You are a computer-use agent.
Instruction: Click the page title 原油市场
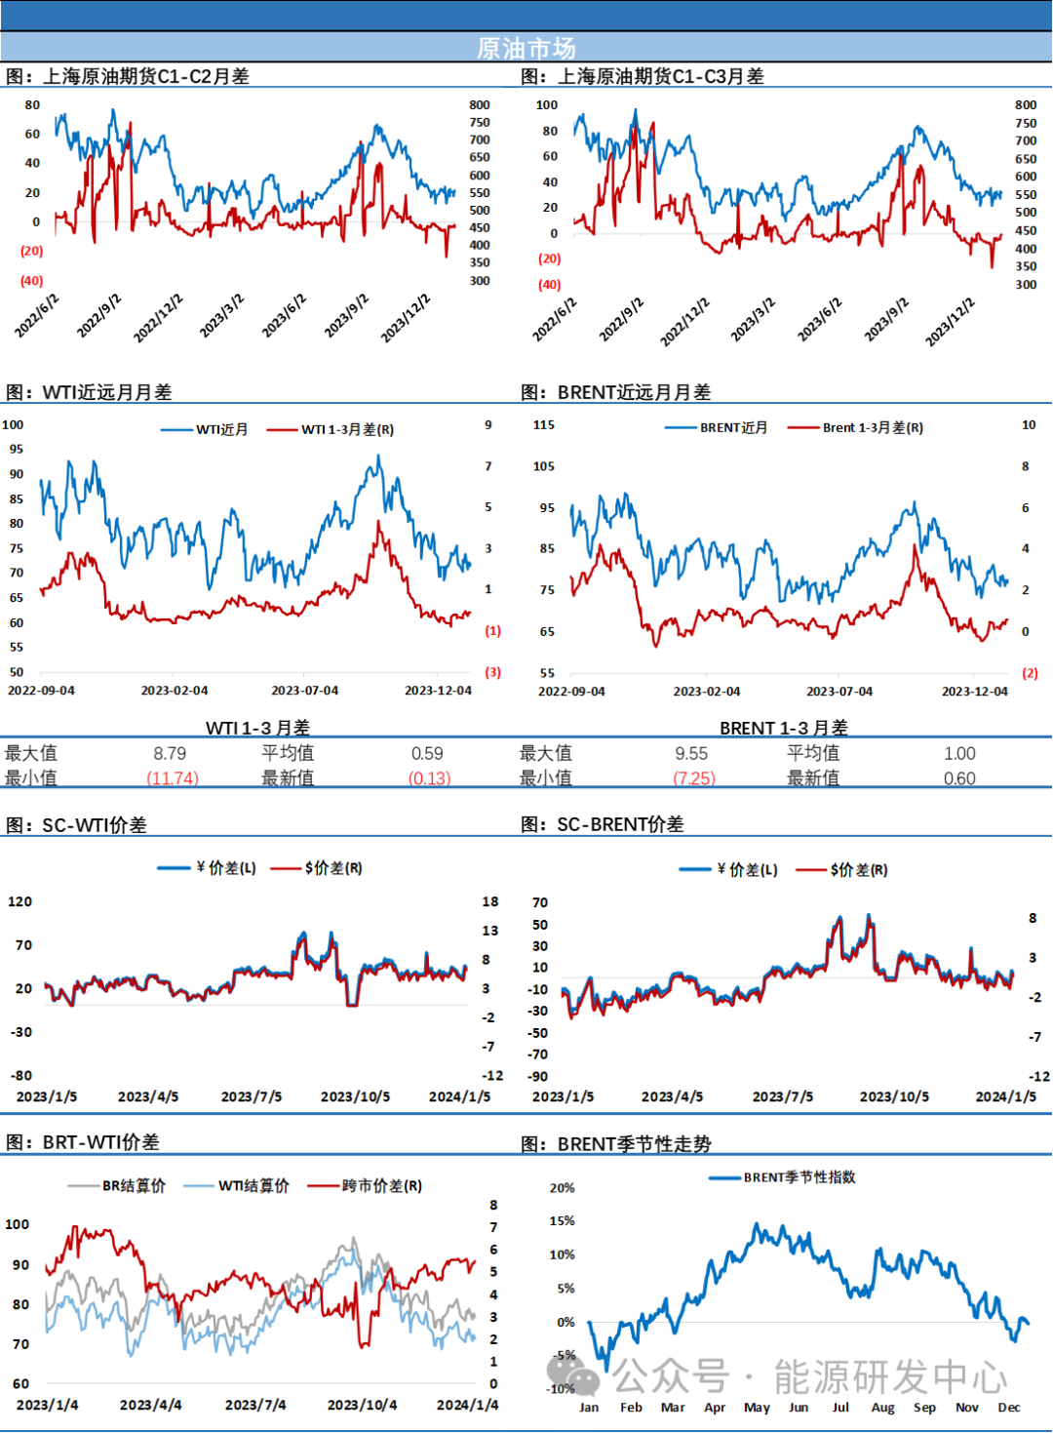coord(526,48)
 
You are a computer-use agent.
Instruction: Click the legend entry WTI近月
coord(221,429)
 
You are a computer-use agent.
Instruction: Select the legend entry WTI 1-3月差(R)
coord(347,429)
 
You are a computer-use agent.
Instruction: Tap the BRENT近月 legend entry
coord(733,427)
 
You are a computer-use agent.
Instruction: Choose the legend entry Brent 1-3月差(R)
coord(873,427)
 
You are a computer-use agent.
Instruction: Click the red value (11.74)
coord(173,777)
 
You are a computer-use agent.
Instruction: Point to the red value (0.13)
coord(430,777)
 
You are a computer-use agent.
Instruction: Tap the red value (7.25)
coord(695,777)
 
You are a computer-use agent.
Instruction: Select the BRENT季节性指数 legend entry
coord(799,1177)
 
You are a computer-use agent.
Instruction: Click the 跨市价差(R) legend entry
coord(381,1186)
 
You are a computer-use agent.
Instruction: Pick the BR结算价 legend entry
coord(134,1186)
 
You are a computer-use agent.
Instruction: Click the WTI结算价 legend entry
coord(253,1186)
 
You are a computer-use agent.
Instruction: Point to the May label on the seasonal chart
coord(757,1408)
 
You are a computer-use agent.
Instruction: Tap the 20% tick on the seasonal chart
coord(562,1188)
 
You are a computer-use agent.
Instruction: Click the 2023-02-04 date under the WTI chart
coord(175,691)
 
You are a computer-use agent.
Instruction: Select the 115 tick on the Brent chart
coord(544,425)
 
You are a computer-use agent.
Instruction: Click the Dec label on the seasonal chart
coord(1009,1408)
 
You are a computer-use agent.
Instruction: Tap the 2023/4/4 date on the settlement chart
coord(150,1405)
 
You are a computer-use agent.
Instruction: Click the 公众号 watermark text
coord(671,1377)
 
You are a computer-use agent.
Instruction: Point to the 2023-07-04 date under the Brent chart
coord(839,692)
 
